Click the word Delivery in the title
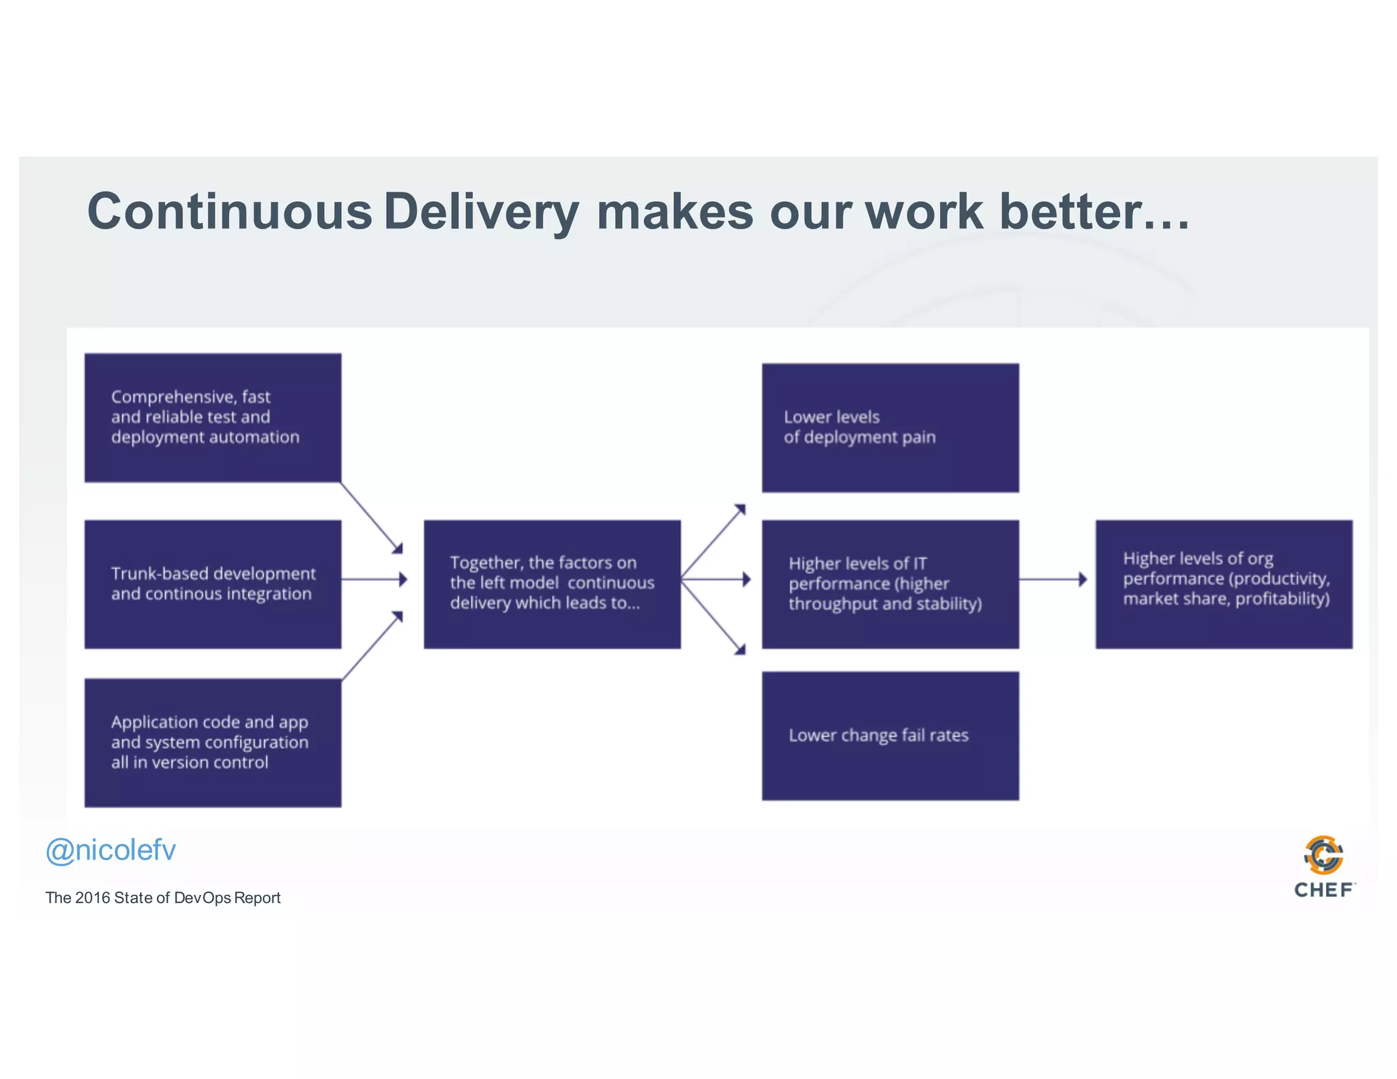481,211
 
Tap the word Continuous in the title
230,211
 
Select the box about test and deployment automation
213,417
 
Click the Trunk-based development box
213,584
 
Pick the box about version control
213,743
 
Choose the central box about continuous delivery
552,584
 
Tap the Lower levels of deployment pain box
890,428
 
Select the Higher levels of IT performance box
890,584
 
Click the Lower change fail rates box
890,736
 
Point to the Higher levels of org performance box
1224,584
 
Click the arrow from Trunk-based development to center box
374,580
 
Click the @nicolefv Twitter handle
111,851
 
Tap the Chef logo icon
1323,855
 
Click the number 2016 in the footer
93,898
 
